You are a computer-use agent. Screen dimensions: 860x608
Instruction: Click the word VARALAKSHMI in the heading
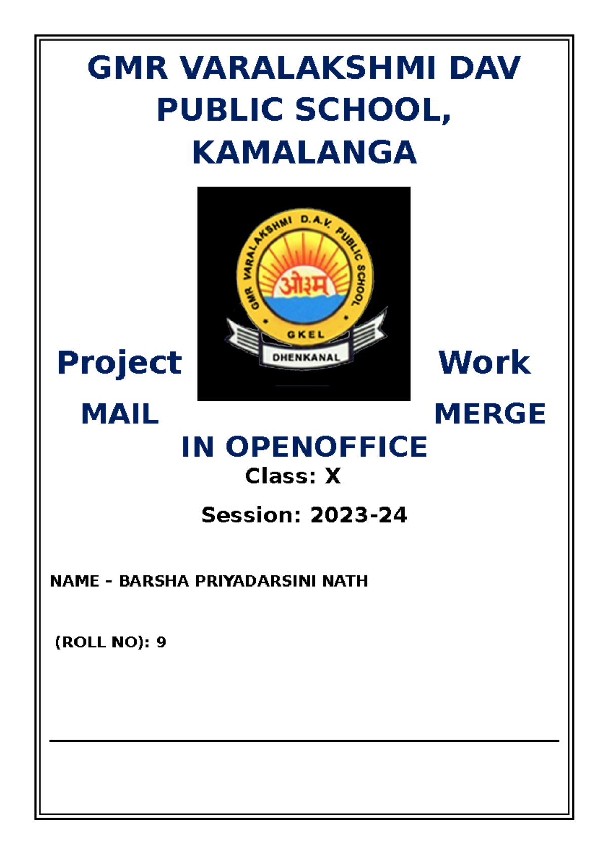coord(308,68)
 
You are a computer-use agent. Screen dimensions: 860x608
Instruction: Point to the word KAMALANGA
coord(304,153)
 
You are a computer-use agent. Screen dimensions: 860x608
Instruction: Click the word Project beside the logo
coord(120,364)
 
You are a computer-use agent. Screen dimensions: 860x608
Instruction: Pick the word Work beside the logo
coord(484,363)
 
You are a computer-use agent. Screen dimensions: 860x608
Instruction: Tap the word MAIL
coord(120,414)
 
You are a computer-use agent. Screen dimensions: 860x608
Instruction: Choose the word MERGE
coord(489,414)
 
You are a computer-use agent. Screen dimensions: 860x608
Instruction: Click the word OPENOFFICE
coord(326,447)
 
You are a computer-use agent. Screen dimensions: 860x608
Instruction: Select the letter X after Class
coord(333,476)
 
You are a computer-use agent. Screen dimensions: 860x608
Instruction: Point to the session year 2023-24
coord(358,515)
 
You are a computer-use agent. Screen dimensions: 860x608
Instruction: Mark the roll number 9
coord(161,642)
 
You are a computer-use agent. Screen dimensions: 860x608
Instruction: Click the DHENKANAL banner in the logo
coord(306,357)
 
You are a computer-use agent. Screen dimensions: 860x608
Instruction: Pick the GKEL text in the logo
coord(306,334)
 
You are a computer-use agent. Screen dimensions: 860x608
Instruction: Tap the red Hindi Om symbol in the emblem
coord(303,287)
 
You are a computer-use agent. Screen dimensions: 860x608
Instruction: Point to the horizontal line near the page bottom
coord(304,741)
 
